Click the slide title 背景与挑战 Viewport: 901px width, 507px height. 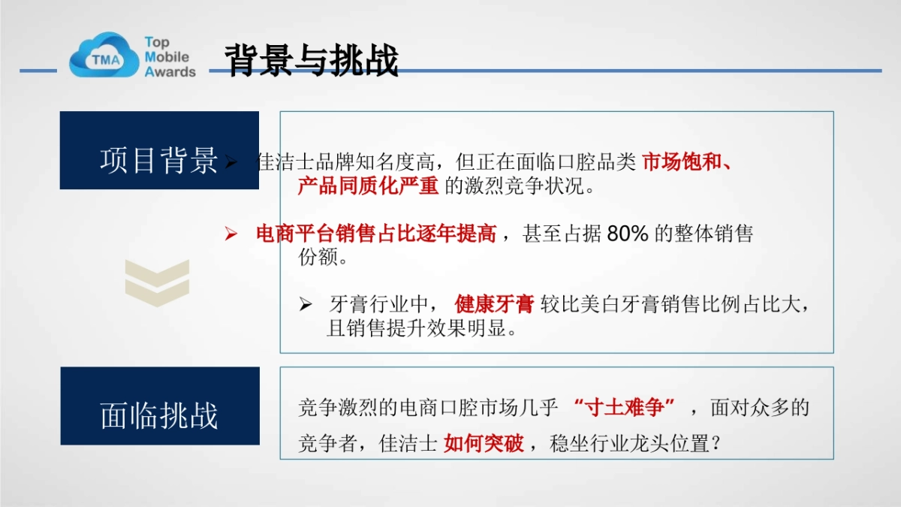point(311,61)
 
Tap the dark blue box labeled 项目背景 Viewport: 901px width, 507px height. point(159,150)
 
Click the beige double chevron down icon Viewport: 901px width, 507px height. point(157,282)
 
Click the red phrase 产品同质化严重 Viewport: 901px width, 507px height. point(368,186)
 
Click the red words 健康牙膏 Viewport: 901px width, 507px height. point(493,304)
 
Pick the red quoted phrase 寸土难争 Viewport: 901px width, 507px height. point(624,408)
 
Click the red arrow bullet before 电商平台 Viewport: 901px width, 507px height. point(231,235)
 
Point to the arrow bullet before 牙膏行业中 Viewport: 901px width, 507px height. point(305,305)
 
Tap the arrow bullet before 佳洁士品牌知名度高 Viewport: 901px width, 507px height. point(231,163)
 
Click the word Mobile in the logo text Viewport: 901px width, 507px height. point(167,57)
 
